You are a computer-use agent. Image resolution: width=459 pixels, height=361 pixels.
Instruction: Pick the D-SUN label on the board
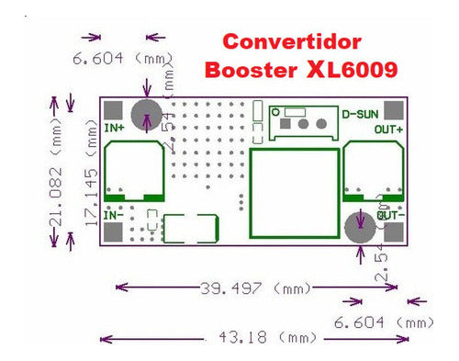pyautogui.click(x=360, y=115)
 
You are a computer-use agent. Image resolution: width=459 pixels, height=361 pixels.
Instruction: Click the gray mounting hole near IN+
pyautogui.click(x=147, y=114)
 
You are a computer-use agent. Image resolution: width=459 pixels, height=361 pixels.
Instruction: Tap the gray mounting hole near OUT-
pyautogui.click(x=358, y=229)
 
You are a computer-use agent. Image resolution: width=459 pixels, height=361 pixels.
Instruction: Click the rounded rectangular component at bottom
pyautogui.click(x=190, y=229)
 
